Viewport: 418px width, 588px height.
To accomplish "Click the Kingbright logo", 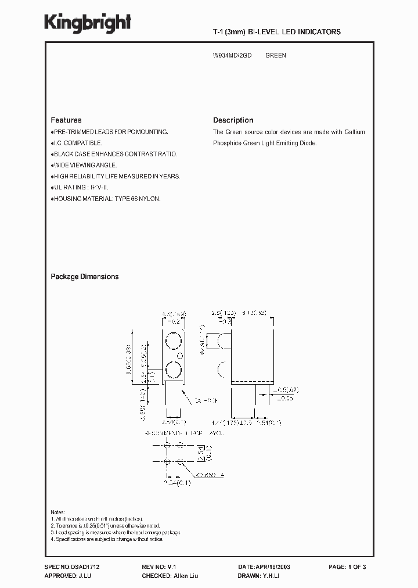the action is (x=88, y=23).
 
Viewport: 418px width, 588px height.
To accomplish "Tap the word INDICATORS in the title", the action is (x=318, y=32).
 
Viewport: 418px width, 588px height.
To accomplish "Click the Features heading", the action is (x=66, y=120).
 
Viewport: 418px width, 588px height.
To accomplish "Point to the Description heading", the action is (x=233, y=120).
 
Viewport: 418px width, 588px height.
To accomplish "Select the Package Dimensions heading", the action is (x=85, y=277).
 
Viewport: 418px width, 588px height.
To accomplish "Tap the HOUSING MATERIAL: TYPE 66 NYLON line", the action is (x=107, y=198).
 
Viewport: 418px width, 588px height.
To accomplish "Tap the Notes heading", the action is (x=58, y=511).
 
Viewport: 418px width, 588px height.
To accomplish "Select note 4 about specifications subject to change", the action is (x=107, y=539).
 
